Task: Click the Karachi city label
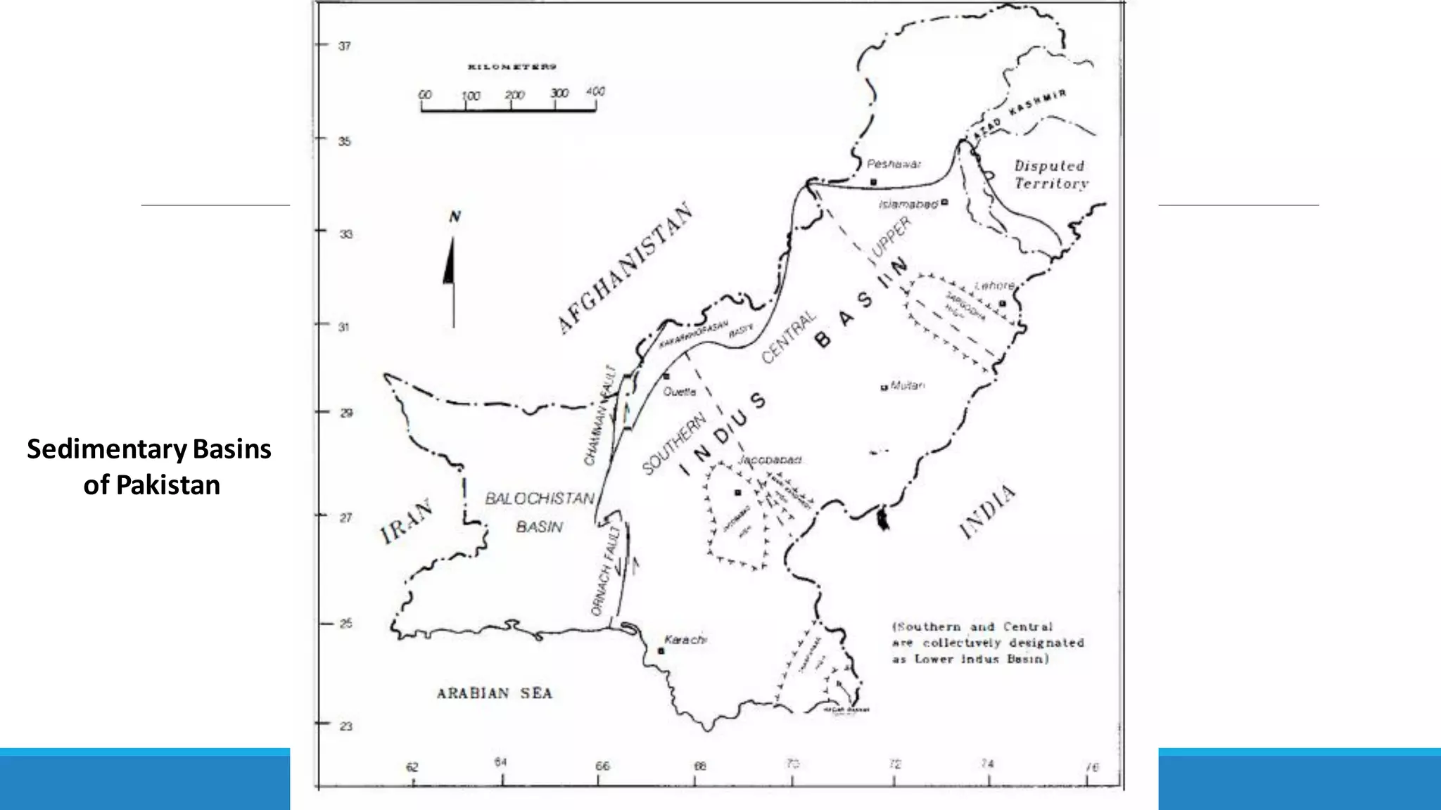click(x=685, y=640)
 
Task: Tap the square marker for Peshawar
click(x=873, y=182)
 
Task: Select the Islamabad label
click(x=908, y=204)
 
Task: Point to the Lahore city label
click(x=994, y=285)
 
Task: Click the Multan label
click(x=908, y=385)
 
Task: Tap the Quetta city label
click(x=680, y=392)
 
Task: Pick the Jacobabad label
click(x=770, y=460)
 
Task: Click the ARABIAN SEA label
click(x=495, y=693)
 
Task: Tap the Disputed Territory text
click(x=1050, y=175)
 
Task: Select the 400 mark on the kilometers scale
click(x=595, y=91)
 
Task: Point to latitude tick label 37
click(x=344, y=46)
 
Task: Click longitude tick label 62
click(x=412, y=767)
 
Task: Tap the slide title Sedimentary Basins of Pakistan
click(x=150, y=467)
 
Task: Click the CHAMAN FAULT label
click(x=599, y=416)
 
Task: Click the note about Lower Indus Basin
click(x=988, y=643)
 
